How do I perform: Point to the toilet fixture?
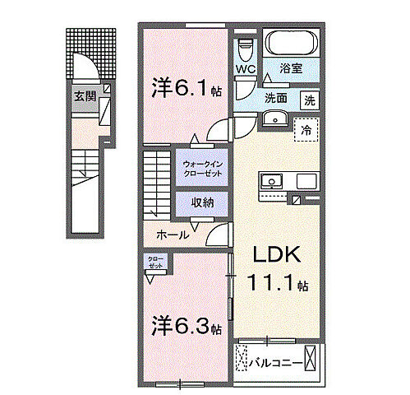click(245, 49)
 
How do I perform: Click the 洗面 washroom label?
click(276, 97)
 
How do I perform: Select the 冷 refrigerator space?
click(306, 128)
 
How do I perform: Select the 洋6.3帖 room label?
click(185, 327)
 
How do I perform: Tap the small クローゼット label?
click(155, 263)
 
